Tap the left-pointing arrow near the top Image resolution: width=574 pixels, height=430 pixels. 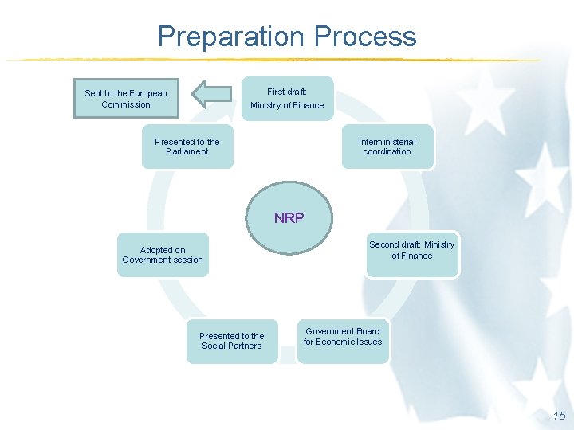211,94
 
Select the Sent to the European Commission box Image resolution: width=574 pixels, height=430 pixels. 126,99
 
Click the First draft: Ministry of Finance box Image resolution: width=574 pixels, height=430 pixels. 287,99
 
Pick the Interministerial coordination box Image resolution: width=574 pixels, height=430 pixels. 387,147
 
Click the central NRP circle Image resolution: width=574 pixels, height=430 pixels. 289,218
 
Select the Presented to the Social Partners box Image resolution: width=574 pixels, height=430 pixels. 232,341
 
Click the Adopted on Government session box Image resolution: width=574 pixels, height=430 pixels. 163,255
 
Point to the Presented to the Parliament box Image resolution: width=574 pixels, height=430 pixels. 187,147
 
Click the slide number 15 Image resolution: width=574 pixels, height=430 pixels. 559,416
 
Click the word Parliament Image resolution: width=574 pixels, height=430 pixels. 187,152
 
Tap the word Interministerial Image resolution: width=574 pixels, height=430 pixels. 387,142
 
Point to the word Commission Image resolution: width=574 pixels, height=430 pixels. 126,104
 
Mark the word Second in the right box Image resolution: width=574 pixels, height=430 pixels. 383,244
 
